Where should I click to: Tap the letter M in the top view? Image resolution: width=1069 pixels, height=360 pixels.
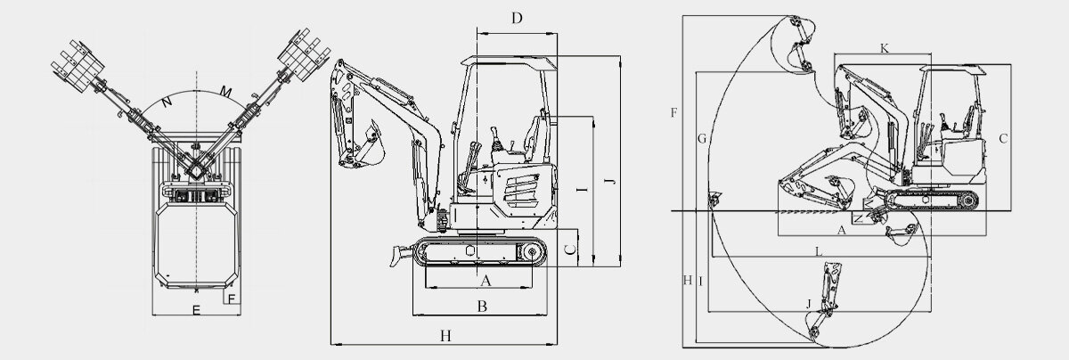pyautogui.click(x=226, y=91)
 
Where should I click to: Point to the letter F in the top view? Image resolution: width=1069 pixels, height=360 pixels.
pyautogui.click(x=231, y=299)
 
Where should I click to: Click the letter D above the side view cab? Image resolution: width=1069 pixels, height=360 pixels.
pyautogui.click(x=517, y=18)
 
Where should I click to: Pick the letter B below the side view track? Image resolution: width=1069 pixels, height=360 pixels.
pyautogui.click(x=481, y=307)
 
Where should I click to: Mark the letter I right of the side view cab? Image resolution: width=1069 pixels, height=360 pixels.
pyautogui.click(x=581, y=191)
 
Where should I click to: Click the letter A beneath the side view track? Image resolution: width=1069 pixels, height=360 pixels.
pyautogui.click(x=486, y=281)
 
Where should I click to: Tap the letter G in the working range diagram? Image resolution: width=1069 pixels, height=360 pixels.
pyautogui.click(x=702, y=138)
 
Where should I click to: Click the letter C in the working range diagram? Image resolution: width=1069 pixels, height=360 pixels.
pyautogui.click(x=1003, y=138)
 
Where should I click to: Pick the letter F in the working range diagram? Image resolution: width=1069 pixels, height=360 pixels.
pyautogui.click(x=673, y=112)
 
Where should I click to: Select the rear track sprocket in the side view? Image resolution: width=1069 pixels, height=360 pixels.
pyautogui.click(x=532, y=254)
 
